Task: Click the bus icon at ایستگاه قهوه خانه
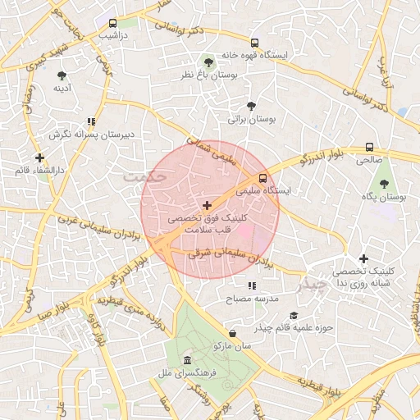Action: [254, 43]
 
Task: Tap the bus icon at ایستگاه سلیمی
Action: [262, 178]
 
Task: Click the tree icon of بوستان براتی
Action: [251, 106]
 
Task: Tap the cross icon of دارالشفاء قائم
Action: [39, 157]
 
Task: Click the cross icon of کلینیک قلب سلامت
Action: [206, 204]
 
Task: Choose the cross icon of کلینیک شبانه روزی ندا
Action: [363, 259]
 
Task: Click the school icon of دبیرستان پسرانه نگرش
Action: [91, 121]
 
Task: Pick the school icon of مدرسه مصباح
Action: [252, 286]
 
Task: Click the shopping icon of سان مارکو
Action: [234, 334]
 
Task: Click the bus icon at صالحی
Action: [369, 148]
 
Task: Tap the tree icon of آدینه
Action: [62, 75]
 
